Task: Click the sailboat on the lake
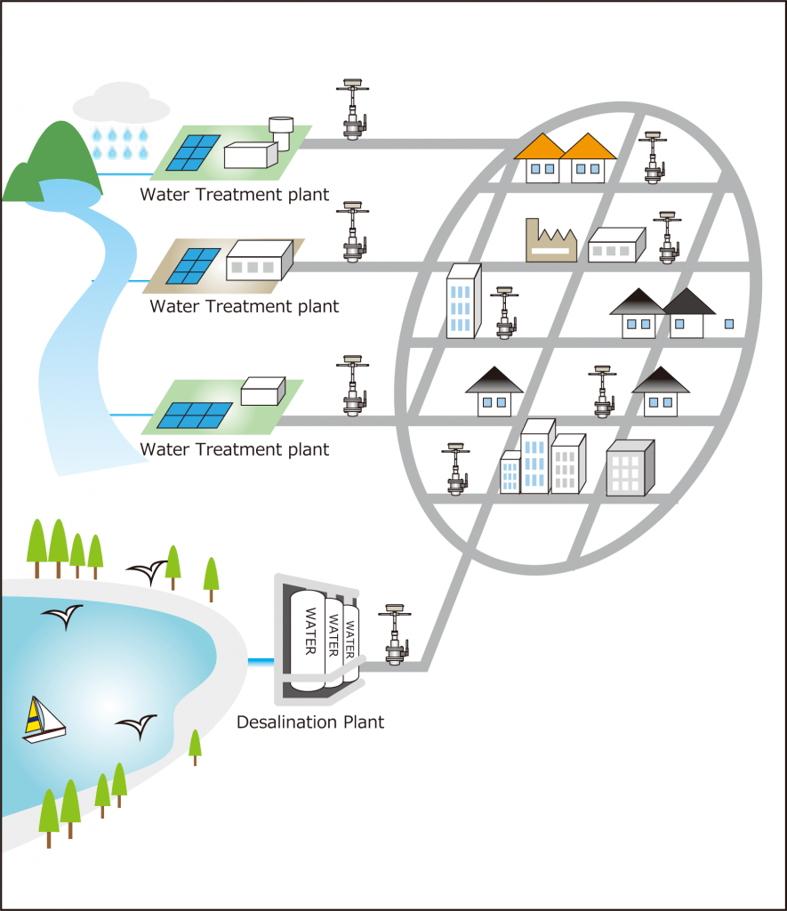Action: click(x=43, y=722)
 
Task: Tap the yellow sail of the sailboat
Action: click(x=34, y=717)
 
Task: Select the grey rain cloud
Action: click(x=120, y=104)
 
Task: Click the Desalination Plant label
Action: click(x=310, y=722)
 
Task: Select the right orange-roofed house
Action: click(x=588, y=159)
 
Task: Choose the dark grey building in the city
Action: click(x=630, y=469)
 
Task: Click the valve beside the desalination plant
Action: click(x=393, y=636)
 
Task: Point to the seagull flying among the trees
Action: click(x=148, y=570)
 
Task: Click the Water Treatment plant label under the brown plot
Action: click(x=245, y=307)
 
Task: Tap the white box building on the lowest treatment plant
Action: click(x=262, y=391)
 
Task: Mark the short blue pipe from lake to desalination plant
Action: click(x=261, y=661)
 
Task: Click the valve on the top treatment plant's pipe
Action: click(x=355, y=110)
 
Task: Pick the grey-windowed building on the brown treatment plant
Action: click(x=259, y=260)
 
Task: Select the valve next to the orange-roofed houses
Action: click(x=654, y=157)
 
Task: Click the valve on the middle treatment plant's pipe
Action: click(x=355, y=231)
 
